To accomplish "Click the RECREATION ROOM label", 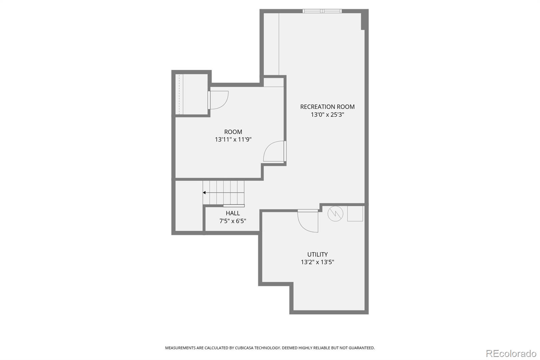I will coord(327,107).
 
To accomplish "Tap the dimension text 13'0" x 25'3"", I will coord(327,115).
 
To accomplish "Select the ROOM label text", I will coord(233,132).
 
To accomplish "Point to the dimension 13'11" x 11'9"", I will coord(233,139).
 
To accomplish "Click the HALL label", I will coord(233,213).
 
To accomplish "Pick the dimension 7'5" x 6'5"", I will coord(233,221).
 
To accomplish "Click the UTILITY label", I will coord(317,255).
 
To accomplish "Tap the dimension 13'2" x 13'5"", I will coord(317,262).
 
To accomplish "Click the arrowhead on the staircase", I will coord(204,193).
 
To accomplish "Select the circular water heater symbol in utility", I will coord(335,213).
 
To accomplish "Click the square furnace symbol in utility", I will coord(355,213).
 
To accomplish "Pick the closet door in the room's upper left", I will coord(218,100).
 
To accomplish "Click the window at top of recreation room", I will coord(322,11).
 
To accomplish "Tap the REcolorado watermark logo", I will coord(511,353).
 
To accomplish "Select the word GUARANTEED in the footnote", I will coord(361,348).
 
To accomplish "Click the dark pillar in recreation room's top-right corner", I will coord(364,20).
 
